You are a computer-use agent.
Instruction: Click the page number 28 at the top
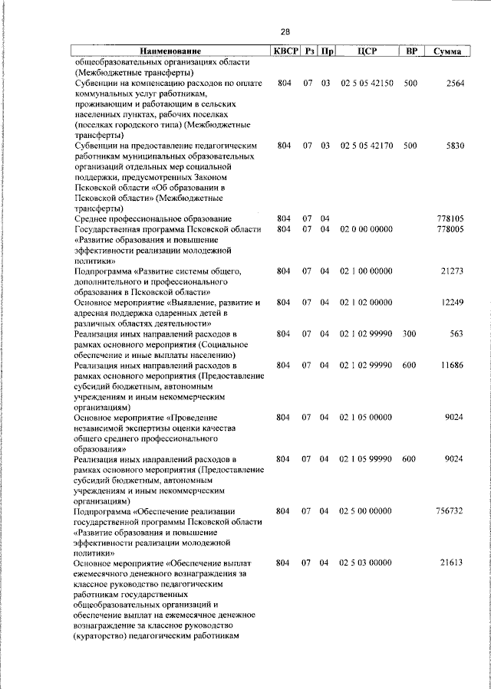click(x=285, y=31)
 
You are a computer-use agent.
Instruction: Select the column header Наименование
click(x=169, y=51)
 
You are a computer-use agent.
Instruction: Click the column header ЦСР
click(x=366, y=51)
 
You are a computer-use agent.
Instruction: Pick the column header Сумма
click(x=447, y=51)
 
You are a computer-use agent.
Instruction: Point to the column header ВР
click(x=411, y=51)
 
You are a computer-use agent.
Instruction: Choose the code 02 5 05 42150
click(x=367, y=83)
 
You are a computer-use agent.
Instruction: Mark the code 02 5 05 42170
click(x=367, y=145)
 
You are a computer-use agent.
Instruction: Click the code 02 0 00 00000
click(x=367, y=229)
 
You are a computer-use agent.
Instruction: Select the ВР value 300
click(x=409, y=334)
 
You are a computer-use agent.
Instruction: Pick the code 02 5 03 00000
click(x=367, y=563)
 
